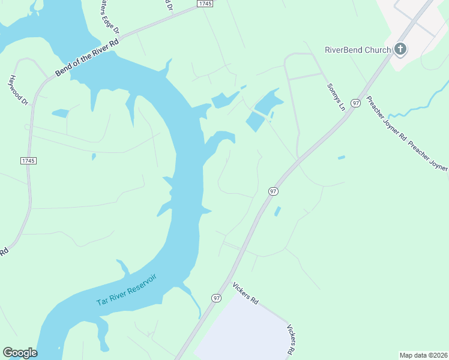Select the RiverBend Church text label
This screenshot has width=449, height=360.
point(358,50)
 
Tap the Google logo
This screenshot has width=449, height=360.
point(20,353)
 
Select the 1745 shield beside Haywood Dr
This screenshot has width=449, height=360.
point(28,161)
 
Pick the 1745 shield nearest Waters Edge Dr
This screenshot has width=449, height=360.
point(205,4)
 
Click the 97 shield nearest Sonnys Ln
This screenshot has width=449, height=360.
point(356,103)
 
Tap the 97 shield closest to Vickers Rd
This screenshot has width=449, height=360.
point(216,298)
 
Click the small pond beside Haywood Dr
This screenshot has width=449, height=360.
point(61,113)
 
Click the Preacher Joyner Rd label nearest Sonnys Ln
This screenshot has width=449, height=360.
point(385,118)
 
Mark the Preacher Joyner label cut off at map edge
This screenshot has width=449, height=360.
point(429,157)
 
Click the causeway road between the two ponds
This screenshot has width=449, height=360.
point(259,113)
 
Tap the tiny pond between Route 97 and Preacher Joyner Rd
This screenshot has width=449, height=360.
point(341,158)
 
